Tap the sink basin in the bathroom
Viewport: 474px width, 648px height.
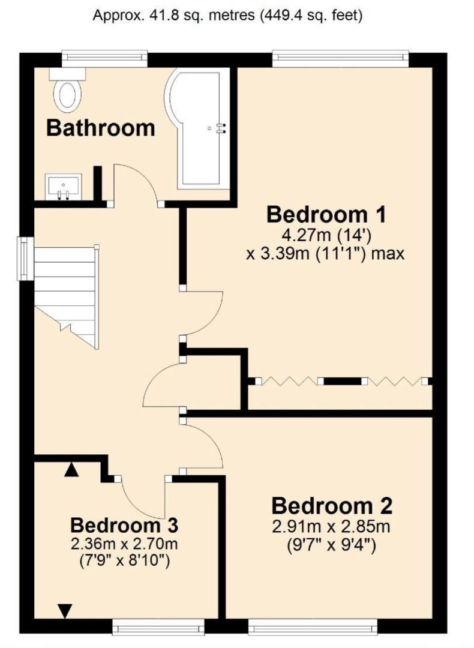[x=63, y=187]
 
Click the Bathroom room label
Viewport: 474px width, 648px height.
[x=101, y=128]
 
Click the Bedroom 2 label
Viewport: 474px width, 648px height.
[x=331, y=506]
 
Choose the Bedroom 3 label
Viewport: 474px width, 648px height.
[x=124, y=525]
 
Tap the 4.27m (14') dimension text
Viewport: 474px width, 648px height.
[x=326, y=235]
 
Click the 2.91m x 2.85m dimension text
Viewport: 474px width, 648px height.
[x=331, y=527]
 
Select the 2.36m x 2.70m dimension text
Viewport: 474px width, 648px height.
[x=124, y=544]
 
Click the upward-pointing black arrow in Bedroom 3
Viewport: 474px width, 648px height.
[x=71, y=470]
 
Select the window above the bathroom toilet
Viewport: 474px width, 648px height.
[x=104, y=58]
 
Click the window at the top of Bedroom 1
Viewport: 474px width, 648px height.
[x=341, y=58]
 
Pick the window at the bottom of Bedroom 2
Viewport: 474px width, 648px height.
[x=313, y=626]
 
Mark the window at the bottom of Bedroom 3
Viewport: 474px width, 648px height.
[x=158, y=626]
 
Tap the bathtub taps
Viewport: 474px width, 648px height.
[x=223, y=128]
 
